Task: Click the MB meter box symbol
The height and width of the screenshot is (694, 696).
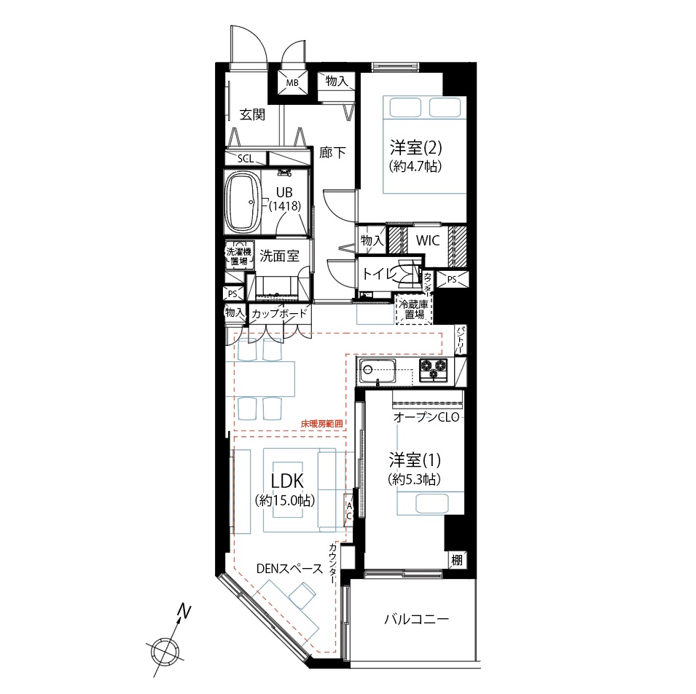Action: click(292, 82)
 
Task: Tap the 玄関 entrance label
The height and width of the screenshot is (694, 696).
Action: click(253, 115)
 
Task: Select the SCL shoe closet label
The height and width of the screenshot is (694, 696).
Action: click(246, 158)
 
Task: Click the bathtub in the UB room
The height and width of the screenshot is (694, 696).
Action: click(243, 202)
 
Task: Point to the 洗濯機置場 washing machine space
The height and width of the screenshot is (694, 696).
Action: click(239, 256)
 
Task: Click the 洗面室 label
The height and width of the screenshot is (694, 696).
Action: click(279, 256)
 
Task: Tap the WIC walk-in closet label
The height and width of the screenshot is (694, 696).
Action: click(428, 240)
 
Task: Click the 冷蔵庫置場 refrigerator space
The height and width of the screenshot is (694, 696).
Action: click(414, 309)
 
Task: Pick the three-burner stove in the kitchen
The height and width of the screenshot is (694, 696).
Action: click(434, 370)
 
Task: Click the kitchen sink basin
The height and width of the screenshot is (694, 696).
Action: click(378, 371)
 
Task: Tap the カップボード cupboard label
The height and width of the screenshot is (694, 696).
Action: click(279, 314)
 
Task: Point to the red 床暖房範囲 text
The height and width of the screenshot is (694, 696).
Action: click(322, 424)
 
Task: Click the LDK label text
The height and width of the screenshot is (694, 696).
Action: click(287, 481)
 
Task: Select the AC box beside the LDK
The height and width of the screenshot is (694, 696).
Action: click(349, 511)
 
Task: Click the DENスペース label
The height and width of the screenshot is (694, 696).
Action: click(289, 569)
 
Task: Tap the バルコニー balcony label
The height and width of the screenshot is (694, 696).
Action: click(416, 619)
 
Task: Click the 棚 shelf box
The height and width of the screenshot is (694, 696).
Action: click(457, 560)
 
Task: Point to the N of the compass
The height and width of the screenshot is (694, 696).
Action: click(184, 612)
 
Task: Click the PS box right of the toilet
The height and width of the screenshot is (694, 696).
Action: click(452, 280)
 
